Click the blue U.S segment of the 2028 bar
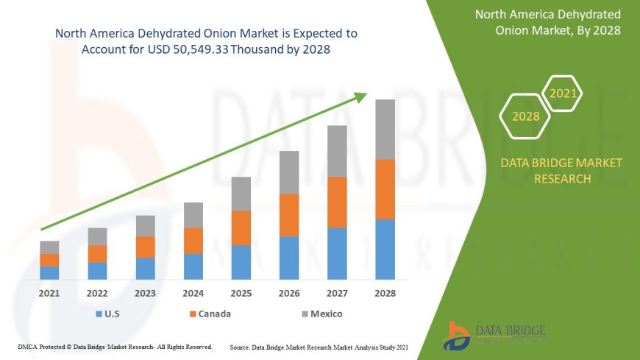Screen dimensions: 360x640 (385, 250)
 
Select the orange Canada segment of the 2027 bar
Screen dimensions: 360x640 (337, 202)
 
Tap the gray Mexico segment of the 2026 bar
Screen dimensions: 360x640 (289, 172)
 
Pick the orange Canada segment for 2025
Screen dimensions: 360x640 (241, 228)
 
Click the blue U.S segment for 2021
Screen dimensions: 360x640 (49, 272)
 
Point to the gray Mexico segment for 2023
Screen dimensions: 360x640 (146, 226)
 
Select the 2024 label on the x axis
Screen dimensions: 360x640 (193, 293)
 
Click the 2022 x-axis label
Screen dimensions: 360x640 (97, 293)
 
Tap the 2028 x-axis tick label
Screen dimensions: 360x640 (385, 293)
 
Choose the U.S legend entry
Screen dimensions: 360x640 (108, 314)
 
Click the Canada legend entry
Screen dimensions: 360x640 (210, 314)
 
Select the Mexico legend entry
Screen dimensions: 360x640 (321, 314)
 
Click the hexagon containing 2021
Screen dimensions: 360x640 (563, 94)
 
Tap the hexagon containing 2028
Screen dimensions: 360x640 (525, 116)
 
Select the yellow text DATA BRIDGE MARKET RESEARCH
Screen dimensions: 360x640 (561, 170)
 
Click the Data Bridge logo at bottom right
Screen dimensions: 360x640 (495, 335)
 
